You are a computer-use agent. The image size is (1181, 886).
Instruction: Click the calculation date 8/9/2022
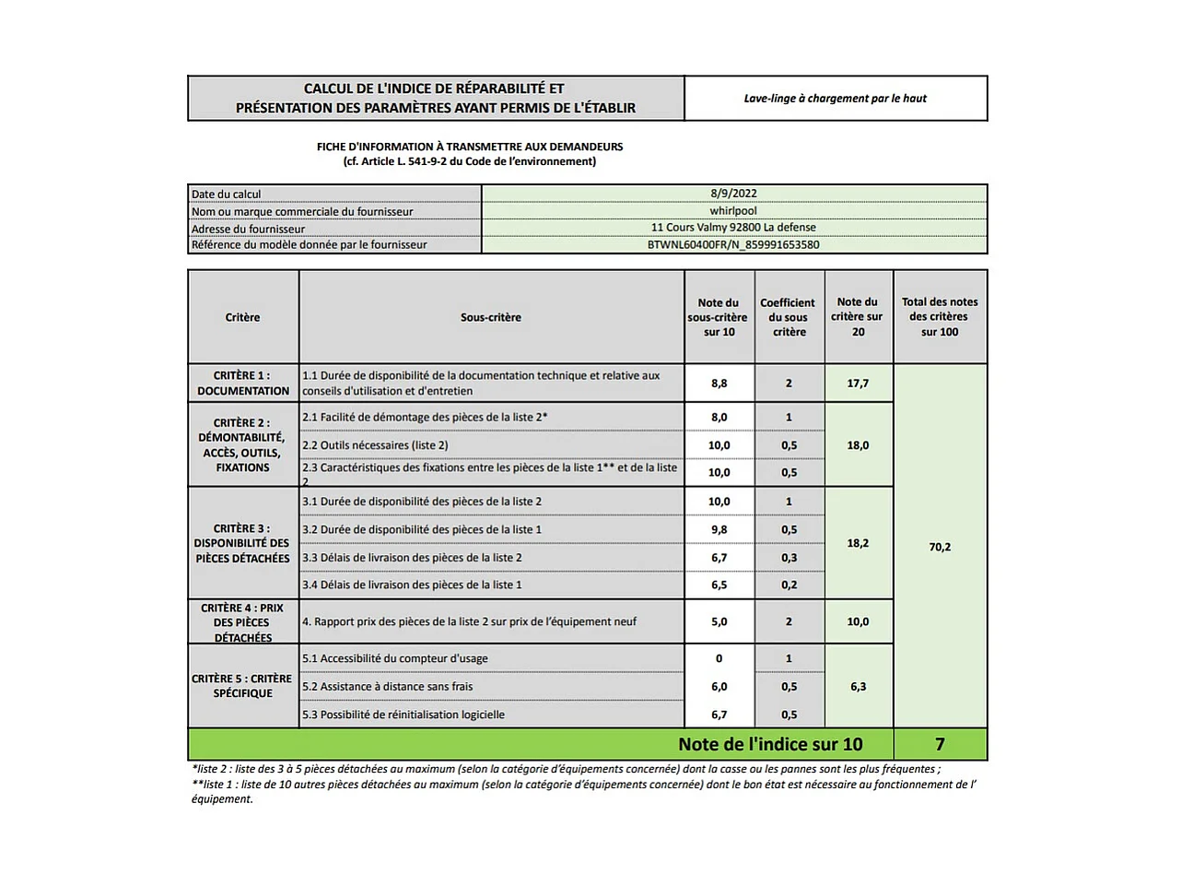(733, 194)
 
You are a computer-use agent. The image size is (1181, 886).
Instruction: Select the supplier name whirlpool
(733, 211)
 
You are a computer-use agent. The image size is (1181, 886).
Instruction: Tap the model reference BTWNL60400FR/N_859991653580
(733, 245)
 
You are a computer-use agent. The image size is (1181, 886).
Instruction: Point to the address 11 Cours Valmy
(733, 228)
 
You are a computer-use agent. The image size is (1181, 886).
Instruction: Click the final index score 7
(940, 744)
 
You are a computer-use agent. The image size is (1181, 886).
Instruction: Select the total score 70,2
(940, 547)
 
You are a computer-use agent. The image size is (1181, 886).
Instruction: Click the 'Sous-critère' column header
(491, 317)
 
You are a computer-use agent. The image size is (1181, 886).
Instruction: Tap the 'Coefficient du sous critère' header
(789, 317)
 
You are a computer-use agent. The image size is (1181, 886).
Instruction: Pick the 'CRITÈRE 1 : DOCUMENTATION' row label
(243, 383)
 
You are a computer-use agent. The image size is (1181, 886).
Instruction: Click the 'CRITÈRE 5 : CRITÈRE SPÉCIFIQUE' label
(242, 686)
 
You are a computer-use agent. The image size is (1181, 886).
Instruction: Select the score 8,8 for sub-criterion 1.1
(719, 384)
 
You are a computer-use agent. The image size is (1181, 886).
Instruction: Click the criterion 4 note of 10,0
(858, 621)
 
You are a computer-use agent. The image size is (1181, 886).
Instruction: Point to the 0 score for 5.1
(719, 658)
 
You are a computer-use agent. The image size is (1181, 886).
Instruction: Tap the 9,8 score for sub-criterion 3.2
(719, 529)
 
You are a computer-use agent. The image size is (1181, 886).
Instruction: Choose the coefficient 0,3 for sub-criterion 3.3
(789, 558)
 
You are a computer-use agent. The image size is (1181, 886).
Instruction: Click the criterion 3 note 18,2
(858, 543)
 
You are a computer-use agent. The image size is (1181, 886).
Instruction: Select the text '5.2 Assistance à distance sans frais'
(388, 687)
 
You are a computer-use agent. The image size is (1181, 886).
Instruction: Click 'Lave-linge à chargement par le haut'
(836, 99)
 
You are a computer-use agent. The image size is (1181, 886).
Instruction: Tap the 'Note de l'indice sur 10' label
(770, 744)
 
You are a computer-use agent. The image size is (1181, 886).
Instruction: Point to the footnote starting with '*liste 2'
(566, 769)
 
